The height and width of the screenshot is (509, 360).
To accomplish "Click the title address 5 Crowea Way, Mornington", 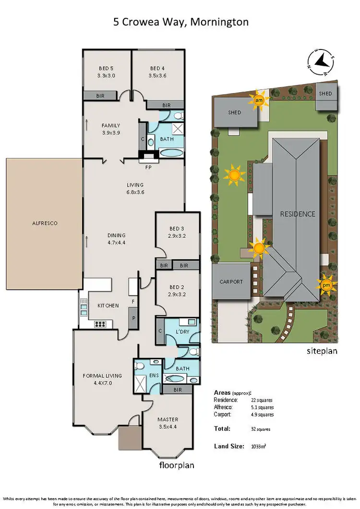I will point(180,22).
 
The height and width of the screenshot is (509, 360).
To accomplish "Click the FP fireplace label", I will point(148,162).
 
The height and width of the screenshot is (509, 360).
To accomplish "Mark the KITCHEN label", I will point(108,305).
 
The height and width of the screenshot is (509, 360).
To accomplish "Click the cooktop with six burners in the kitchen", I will point(100,324).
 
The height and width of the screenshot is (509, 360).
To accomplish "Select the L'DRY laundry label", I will point(183,332).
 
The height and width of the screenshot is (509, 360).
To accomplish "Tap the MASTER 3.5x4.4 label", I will point(168,423).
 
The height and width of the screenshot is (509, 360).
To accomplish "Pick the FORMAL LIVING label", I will point(102,379).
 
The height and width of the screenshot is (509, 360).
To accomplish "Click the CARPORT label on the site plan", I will point(231,282).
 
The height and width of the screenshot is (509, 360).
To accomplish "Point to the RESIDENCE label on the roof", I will point(298,214).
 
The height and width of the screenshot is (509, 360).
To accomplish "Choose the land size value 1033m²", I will point(258,446).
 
